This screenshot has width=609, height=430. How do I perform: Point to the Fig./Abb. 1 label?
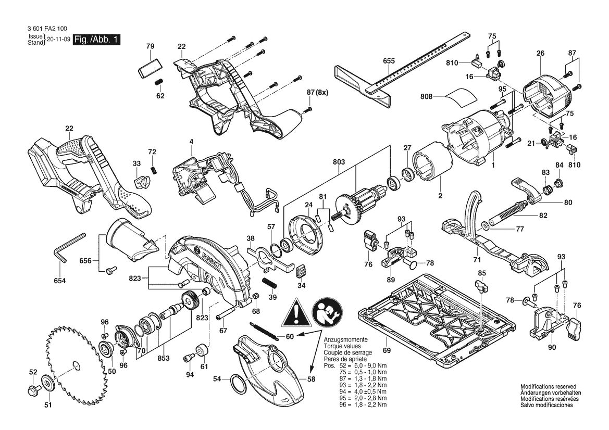(97, 39)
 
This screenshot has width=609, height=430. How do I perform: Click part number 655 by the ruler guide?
(389, 60)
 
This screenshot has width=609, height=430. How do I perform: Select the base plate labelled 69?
(438, 318)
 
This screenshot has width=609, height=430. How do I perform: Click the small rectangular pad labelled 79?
(149, 68)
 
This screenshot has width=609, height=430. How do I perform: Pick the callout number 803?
(339, 161)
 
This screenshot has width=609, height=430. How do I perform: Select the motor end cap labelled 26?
(548, 95)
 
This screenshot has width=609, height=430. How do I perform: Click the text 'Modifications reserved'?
(549, 387)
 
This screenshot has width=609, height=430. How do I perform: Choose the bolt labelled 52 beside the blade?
(33, 389)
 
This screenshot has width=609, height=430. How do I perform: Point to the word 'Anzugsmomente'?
(345, 339)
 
